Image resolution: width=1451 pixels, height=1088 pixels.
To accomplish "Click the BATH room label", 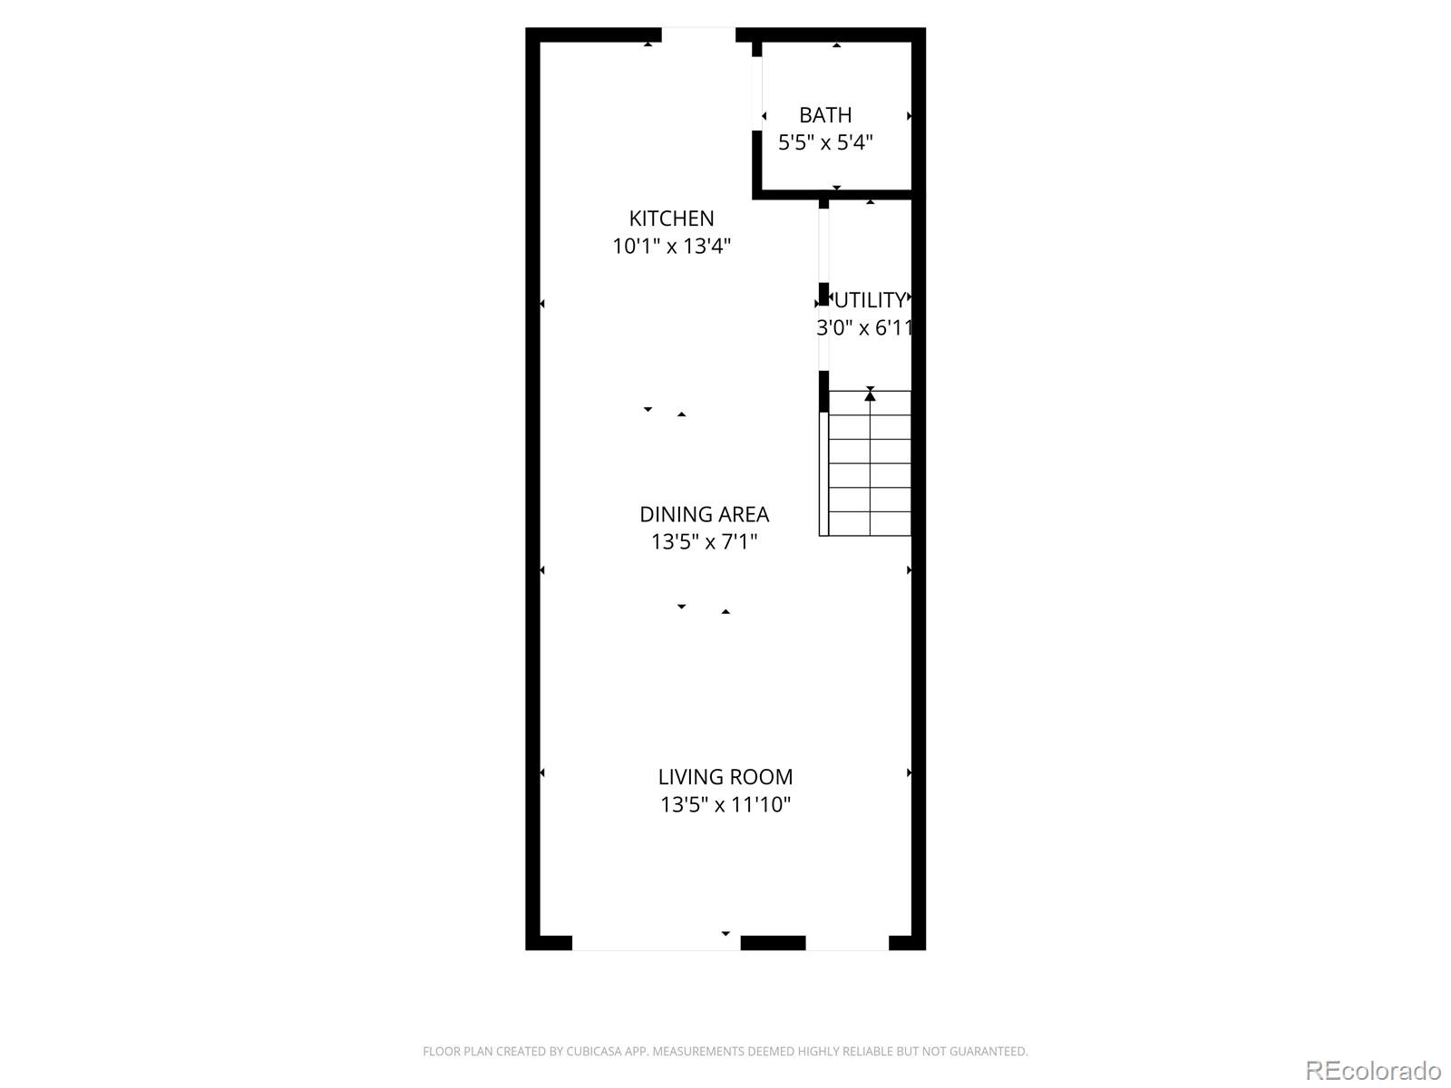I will [825, 115].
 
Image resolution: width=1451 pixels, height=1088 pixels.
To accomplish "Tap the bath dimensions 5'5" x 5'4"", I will [825, 142].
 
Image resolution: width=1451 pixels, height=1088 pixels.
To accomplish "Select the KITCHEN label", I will [671, 219].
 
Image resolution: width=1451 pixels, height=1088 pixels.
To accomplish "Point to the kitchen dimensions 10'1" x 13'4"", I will [671, 246].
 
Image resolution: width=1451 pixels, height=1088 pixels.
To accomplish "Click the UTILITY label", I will [870, 300].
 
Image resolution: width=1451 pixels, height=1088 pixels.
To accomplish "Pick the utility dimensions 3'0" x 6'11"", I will [864, 327].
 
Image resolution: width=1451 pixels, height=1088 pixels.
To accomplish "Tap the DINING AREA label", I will [704, 514].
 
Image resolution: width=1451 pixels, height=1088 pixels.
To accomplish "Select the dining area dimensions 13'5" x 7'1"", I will [704, 541].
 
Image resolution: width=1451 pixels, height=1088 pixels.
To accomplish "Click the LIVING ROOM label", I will [725, 777].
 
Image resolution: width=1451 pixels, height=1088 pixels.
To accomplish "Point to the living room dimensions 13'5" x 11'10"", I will [725, 804].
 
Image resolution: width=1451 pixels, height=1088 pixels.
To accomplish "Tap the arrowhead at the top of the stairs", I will [870, 394].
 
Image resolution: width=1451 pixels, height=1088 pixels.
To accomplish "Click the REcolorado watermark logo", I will [1373, 1070].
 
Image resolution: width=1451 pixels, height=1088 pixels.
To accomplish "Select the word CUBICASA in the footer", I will [594, 1052].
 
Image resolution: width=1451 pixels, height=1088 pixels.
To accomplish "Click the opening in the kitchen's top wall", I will [698, 34].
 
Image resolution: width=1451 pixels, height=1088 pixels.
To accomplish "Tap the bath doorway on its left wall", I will [757, 93].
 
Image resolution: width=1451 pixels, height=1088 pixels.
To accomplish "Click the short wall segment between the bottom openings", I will [773, 943].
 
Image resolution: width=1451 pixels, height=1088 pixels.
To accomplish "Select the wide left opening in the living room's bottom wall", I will [656, 943].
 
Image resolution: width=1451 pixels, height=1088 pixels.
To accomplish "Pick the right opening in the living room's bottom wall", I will [847, 943].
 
